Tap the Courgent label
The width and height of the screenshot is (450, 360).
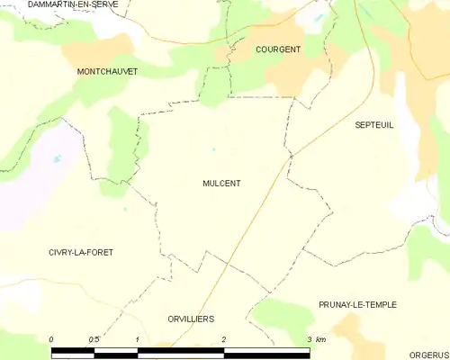[278, 49]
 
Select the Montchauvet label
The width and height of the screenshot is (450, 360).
[107, 70]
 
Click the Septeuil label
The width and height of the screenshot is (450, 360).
[374, 126]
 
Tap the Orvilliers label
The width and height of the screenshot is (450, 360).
[191, 319]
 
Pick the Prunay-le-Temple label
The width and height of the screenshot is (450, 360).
[357, 305]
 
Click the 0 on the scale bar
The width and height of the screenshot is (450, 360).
[51, 339]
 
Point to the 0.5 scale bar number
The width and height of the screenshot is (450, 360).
[94, 339]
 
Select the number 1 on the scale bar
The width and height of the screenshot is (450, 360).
[137, 339]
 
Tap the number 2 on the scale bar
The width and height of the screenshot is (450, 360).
[223, 339]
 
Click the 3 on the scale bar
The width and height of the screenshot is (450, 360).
[309, 339]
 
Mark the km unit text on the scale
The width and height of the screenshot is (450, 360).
[320, 339]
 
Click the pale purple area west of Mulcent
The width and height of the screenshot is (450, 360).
[36, 180]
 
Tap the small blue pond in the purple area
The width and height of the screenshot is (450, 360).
[58, 159]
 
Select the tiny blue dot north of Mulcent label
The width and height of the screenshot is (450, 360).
[213, 149]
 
